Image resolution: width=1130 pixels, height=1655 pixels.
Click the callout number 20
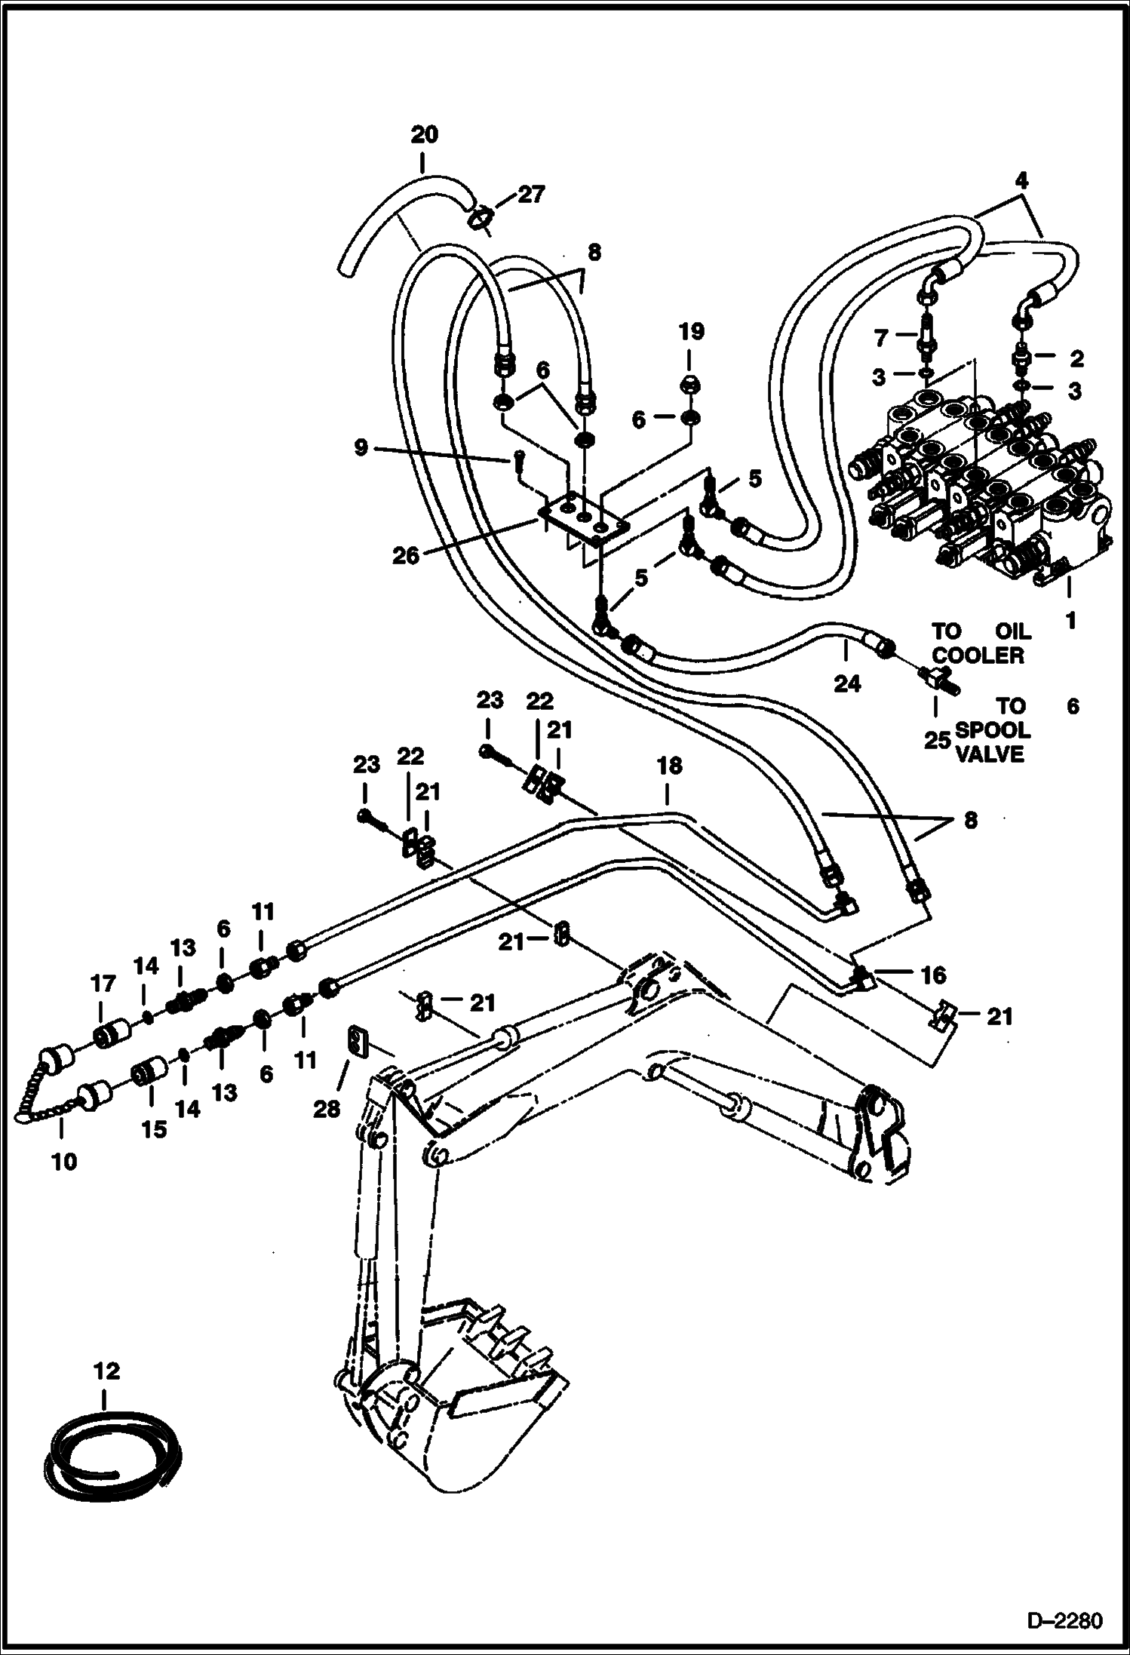click(x=424, y=136)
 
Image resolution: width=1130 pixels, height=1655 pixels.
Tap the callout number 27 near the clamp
click(x=530, y=195)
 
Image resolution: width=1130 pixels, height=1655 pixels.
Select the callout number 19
click(x=691, y=332)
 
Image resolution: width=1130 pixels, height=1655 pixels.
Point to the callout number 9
click(x=361, y=448)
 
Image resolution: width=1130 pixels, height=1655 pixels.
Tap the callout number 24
click(x=846, y=683)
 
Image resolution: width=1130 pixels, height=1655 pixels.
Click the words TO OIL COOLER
click(x=978, y=643)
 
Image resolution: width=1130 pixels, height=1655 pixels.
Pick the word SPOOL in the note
click(x=992, y=730)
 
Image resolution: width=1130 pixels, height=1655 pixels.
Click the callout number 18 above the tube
click(x=668, y=766)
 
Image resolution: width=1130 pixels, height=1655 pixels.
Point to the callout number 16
click(x=933, y=975)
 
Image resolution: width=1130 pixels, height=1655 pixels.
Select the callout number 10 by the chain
click(x=65, y=1162)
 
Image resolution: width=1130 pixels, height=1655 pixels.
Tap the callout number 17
click(x=103, y=984)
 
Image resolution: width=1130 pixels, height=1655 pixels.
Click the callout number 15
click(x=154, y=1129)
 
